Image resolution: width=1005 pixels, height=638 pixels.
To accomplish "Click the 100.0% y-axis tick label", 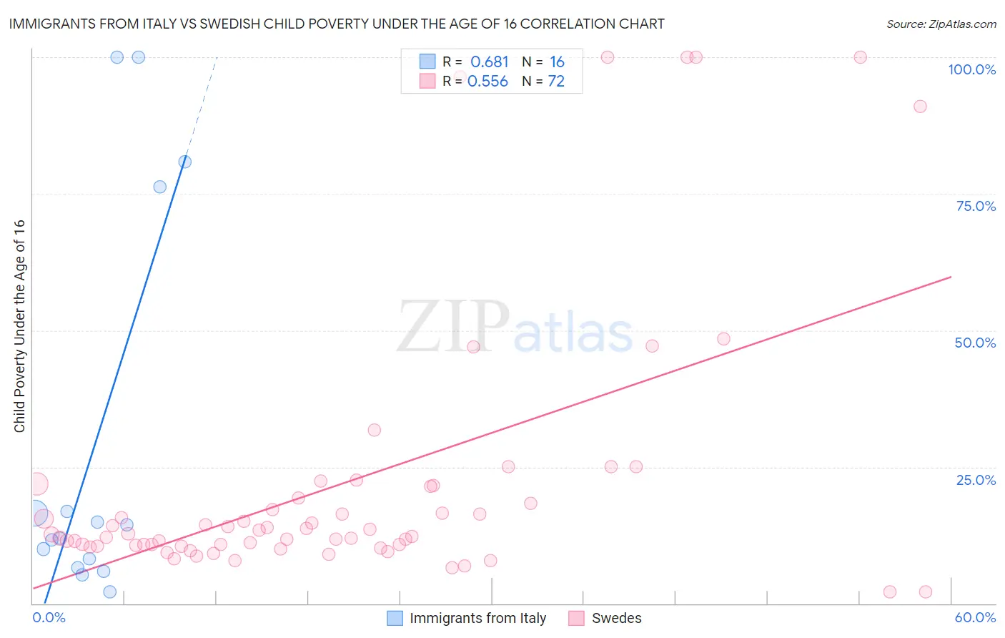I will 971,69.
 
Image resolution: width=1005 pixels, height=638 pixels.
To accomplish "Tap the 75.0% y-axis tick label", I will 976,206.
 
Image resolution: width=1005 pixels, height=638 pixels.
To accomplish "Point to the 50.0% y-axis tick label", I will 975,343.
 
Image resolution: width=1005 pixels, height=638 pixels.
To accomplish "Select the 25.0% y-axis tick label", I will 976,480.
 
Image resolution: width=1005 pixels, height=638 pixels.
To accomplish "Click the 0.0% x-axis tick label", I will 49,617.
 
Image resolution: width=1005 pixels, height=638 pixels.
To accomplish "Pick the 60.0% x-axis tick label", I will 975,617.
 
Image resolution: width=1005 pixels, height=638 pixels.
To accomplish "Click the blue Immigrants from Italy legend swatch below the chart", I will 395,618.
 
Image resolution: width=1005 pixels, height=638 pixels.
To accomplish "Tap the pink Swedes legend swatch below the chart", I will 576,618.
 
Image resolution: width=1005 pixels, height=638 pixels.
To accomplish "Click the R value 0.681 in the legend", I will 489,62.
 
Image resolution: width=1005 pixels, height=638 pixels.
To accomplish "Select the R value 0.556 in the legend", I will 487,82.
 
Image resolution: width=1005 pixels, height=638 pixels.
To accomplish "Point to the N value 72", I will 556,82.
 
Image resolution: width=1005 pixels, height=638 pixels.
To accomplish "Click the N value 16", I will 557,62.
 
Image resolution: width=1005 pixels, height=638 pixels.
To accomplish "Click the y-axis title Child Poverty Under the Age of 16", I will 20,325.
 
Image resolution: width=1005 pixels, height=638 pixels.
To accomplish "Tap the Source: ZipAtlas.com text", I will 941,24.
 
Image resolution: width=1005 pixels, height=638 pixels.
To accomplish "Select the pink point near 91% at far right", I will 920,107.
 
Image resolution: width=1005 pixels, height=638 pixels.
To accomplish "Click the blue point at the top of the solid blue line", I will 185,162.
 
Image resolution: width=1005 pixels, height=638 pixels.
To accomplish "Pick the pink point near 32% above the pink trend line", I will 374,430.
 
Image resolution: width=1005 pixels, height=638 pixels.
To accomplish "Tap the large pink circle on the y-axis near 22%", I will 37,484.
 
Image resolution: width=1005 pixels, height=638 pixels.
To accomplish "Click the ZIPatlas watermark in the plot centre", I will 515,328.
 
